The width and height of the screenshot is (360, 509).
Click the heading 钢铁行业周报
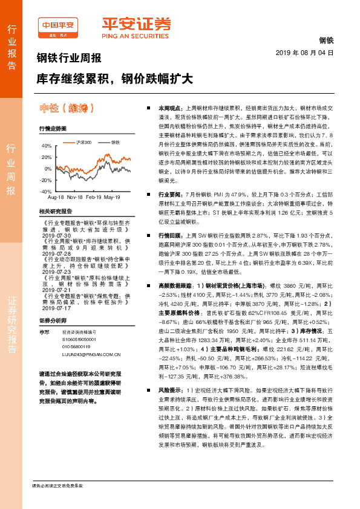[x=69, y=59]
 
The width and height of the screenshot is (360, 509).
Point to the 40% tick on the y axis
[x=46, y=146]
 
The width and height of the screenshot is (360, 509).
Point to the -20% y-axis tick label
[x=45, y=180]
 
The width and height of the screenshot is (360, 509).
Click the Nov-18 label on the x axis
[x=75, y=197]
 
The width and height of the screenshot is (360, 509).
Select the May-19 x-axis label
[x=112, y=197]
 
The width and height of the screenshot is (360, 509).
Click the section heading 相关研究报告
[x=55, y=211]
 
